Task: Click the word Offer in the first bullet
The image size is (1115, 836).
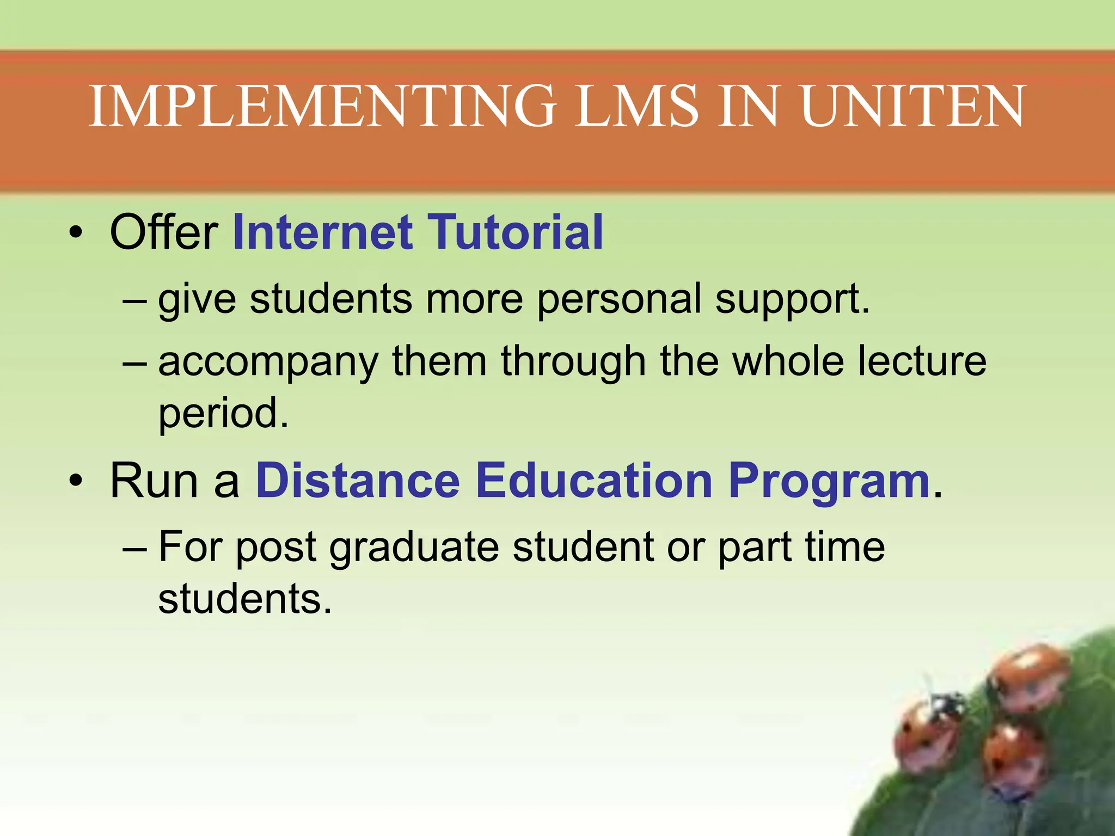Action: click(164, 232)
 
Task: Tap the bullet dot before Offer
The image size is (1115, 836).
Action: click(76, 234)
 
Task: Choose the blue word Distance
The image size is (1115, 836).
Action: click(358, 480)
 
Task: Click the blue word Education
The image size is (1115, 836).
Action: click(594, 480)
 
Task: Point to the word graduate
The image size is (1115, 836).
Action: click(414, 548)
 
